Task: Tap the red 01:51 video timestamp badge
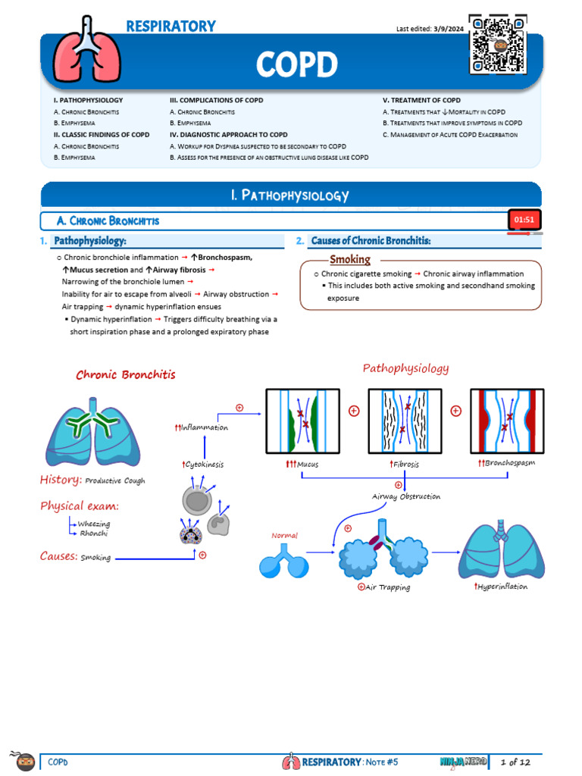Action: coord(524,220)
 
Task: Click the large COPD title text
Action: coord(296,65)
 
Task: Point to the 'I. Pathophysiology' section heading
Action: coord(290,196)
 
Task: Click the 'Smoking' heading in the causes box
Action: coord(350,259)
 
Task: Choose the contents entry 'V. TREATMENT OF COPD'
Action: coord(421,100)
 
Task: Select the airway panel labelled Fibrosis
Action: coord(404,421)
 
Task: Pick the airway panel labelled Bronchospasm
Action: coord(508,421)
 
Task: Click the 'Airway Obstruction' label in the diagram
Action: coord(406,496)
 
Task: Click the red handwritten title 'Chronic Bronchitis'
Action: coord(126,374)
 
